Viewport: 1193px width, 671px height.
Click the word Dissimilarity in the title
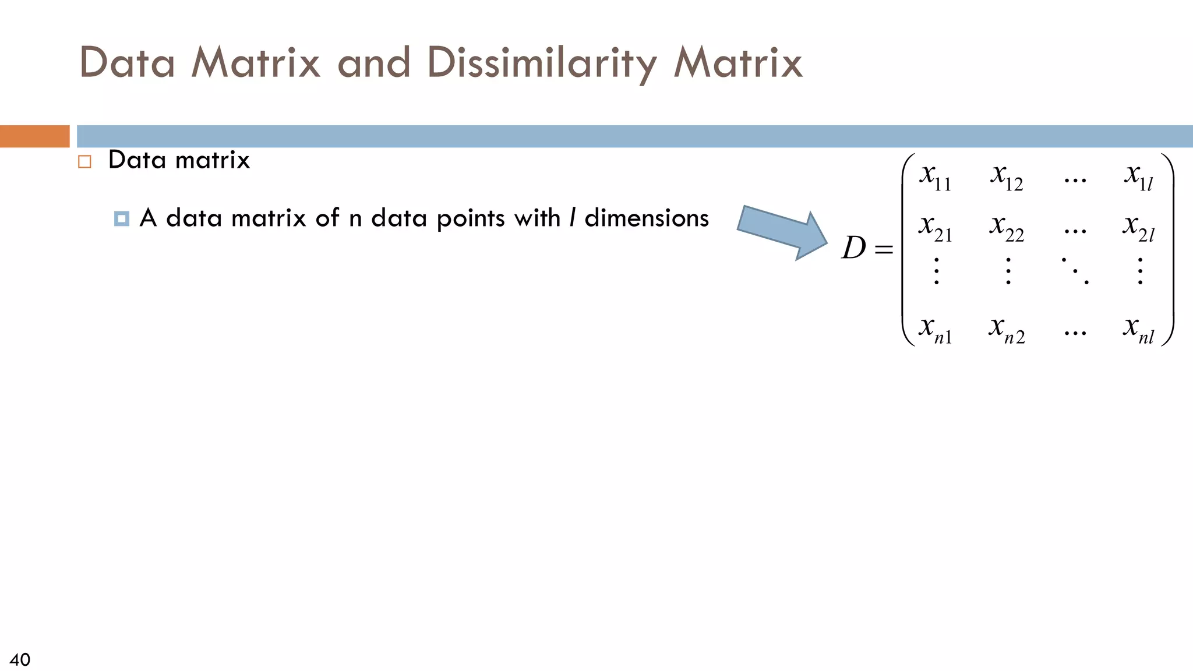[542, 63]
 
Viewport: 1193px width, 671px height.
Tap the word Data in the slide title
[127, 63]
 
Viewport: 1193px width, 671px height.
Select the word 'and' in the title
[374, 63]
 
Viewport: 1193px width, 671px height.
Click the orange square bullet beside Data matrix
[85, 161]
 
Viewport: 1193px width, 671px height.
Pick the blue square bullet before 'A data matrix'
[122, 219]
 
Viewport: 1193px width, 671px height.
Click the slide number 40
[20, 659]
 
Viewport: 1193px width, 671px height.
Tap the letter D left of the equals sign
[854, 249]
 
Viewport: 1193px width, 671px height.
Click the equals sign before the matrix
[884, 250]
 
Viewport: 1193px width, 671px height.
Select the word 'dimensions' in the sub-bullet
[647, 218]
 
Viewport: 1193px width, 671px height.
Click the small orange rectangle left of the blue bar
[34, 136]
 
